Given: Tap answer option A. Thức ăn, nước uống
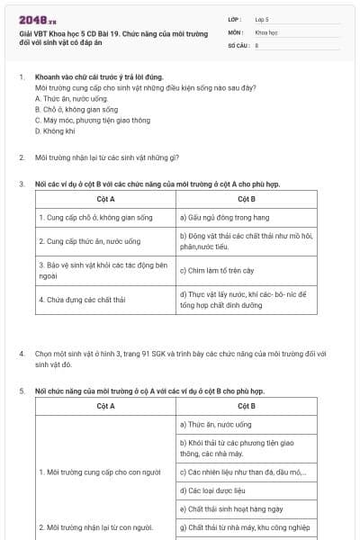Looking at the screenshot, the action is [x=69, y=99].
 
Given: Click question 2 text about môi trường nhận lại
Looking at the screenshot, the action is [x=106, y=157].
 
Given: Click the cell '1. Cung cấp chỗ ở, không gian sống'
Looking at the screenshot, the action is [x=95, y=218].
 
